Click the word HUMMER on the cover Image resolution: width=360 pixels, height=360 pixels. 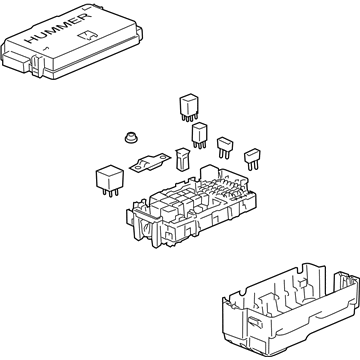click(59, 29)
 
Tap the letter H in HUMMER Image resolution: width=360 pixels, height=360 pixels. click(32, 39)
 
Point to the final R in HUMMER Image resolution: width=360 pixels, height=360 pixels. click(85, 18)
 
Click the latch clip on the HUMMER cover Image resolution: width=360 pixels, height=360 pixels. click(37, 64)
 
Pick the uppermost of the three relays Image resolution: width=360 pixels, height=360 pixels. click(189, 107)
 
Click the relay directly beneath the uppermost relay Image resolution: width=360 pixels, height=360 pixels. click(199, 135)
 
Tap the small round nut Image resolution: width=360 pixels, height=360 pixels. click(132, 137)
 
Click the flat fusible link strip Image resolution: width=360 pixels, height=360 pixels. click(149, 163)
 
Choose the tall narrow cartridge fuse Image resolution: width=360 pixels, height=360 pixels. click(181, 159)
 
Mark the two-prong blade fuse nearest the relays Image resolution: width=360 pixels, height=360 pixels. click(225, 147)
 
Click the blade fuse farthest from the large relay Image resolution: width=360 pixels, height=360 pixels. click(252, 159)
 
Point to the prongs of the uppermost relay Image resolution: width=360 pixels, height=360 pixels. click(190, 117)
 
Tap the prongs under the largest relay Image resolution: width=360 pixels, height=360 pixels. click(110, 193)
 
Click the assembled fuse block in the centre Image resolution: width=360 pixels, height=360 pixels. click(192, 207)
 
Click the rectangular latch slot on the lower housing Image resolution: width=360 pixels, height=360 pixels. click(256, 320)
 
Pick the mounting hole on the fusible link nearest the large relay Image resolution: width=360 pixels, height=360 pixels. click(137, 168)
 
